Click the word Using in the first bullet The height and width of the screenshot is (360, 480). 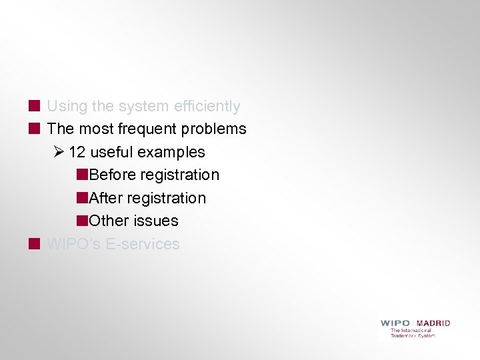(x=67, y=107)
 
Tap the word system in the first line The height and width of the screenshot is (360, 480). (x=143, y=107)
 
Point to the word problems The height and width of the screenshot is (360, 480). (x=215, y=129)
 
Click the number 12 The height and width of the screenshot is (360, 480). (x=77, y=152)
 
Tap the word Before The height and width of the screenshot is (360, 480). (x=111, y=175)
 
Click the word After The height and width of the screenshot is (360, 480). (x=105, y=198)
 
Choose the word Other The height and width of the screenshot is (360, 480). (x=108, y=221)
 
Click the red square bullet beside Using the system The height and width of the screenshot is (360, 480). (x=34, y=106)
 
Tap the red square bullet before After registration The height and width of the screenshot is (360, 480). (x=82, y=198)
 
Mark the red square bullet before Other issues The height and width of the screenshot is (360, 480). (x=82, y=221)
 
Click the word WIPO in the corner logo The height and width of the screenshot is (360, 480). (x=395, y=323)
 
